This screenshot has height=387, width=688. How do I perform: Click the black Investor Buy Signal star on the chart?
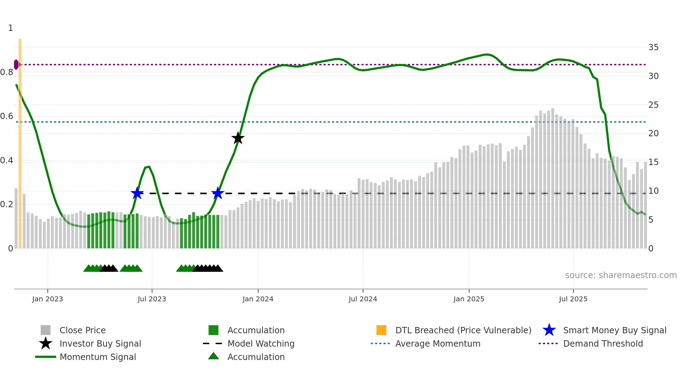click(238, 138)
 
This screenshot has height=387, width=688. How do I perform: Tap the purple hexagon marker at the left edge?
click(16, 65)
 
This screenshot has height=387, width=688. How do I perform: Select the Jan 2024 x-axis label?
click(258, 299)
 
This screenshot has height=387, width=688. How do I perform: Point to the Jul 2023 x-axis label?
click(152, 299)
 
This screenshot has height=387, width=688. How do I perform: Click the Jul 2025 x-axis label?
click(573, 299)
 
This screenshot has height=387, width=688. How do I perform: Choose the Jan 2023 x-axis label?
click(47, 299)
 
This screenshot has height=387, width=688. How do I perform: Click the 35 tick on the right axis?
click(653, 47)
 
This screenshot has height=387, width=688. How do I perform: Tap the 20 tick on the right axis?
click(653, 133)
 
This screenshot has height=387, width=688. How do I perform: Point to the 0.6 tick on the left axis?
click(7, 116)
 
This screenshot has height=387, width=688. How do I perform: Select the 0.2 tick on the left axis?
click(7, 204)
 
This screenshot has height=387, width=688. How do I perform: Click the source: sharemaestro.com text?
click(621, 275)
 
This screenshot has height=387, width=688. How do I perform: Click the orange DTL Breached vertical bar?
click(20, 140)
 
